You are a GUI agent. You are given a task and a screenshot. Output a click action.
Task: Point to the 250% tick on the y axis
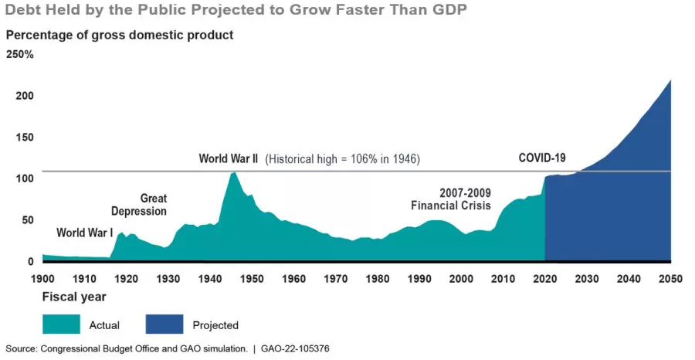pos(20,55)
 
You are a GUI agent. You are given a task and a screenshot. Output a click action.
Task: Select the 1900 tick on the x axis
pos(42,279)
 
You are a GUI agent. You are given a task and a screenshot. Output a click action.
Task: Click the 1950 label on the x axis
pos(251,279)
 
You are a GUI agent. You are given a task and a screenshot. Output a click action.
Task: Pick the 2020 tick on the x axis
pos(545,279)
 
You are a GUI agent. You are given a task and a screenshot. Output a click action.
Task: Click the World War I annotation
pos(84,233)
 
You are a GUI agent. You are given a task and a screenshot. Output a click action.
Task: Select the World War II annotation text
pos(229,159)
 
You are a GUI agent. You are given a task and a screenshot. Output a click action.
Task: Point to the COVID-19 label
pos(541,158)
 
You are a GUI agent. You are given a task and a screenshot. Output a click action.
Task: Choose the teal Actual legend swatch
pos(63,324)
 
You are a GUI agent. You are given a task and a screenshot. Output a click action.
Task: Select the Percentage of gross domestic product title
pos(119,36)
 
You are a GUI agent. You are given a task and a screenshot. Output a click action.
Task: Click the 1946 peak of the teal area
pos(234,173)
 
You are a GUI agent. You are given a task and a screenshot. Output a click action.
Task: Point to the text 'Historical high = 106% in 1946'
pos(343,160)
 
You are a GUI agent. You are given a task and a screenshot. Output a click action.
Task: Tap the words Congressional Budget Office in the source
pos(90,349)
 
